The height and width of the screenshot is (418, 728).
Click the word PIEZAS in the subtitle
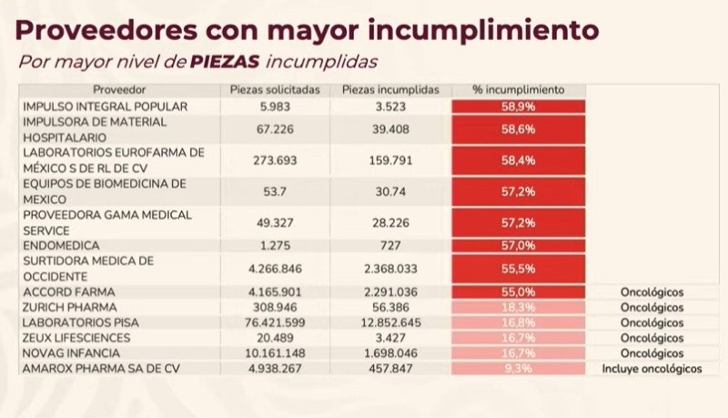[225, 62]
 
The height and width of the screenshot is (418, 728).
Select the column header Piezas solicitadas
[274, 90]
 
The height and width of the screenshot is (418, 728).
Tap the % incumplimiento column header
[518, 90]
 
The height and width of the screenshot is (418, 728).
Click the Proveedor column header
[118, 90]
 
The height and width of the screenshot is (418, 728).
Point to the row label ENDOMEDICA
[61, 244]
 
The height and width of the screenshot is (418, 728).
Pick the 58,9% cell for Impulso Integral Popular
[518, 107]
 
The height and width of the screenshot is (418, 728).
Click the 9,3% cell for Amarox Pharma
[518, 369]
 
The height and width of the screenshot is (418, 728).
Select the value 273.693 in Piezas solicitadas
[274, 160]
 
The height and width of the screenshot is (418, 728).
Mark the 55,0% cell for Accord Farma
[518, 291]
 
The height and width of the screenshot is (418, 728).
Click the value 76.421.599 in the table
[274, 322]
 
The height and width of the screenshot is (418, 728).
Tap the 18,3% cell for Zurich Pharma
[518, 307]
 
